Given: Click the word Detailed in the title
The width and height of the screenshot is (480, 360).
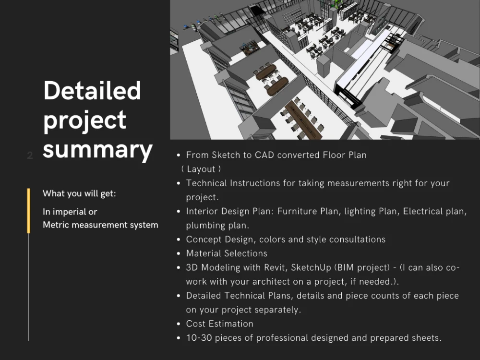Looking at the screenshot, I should click(x=92, y=91).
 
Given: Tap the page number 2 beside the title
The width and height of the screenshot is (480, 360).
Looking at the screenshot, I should click(x=30, y=156).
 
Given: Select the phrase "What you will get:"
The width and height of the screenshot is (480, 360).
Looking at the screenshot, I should click(x=79, y=193).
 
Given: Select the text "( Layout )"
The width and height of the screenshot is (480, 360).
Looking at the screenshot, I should click(x=201, y=169).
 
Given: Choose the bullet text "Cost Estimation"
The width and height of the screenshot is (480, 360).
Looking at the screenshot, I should click(x=219, y=324).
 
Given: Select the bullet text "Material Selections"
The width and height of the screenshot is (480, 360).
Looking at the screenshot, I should click(x=227, y=253).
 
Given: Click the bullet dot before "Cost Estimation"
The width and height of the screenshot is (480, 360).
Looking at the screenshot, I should click(x=179, y=324).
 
